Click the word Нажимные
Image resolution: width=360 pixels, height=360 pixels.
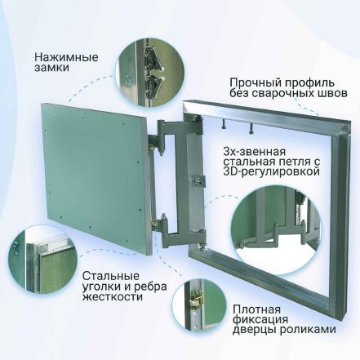pyautogui.click(x=66, y=57)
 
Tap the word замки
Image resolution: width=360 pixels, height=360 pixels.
pyautogui.click(x=51, y=68)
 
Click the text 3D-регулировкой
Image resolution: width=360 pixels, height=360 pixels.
pyautogui.click(x=271, y=172)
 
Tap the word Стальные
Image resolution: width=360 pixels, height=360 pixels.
pyautogui.click(x=111, y=276)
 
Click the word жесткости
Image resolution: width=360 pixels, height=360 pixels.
pyautogui.click(x=113, y=296)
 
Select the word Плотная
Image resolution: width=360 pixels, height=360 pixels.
pyautogui.click(x=256, y=309)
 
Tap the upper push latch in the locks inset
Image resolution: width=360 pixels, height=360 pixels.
pyautogui.click(x=151, y=56)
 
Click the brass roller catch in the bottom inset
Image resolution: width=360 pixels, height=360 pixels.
pyautogui.click(x=196, y=300)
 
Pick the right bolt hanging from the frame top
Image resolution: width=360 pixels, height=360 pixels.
pyautogui.click(x=251, y=128)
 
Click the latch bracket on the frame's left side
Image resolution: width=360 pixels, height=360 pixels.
pyautogui.click(x=198, y=180)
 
